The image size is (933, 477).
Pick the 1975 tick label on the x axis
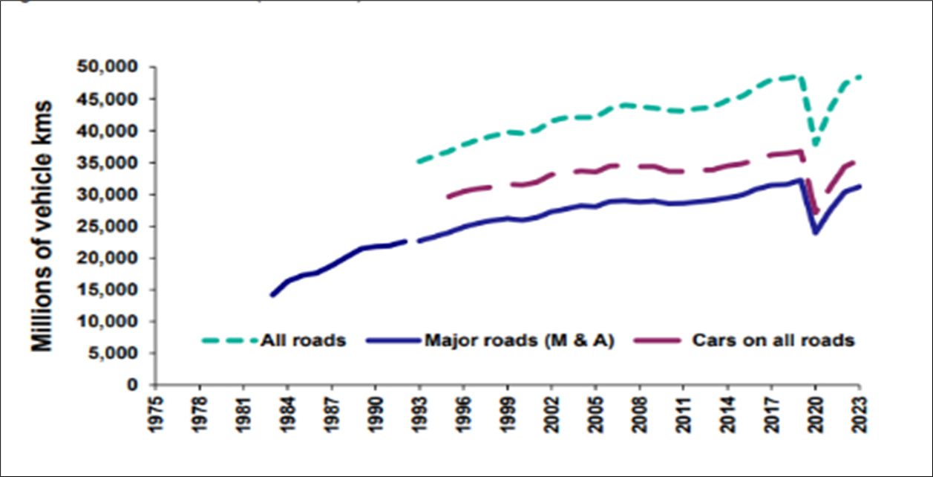point(155,413)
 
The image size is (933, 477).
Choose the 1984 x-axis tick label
point(287,413)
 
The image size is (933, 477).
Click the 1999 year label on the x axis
point(508,413)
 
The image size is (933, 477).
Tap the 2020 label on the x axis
point(816,413)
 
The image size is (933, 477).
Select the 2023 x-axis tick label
point(860,413)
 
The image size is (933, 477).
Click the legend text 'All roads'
point(303,341)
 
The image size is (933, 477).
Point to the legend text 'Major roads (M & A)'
point(519,341)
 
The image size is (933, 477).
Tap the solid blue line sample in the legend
point(393,341)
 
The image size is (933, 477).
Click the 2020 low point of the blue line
point(815,233)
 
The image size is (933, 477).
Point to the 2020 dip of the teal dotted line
point(815,144)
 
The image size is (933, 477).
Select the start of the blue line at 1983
point(272,296)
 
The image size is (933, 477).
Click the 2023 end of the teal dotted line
point(860,77)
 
